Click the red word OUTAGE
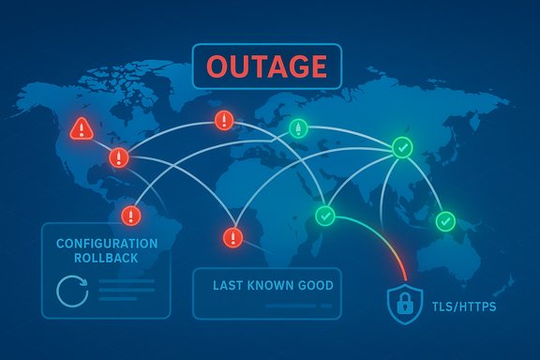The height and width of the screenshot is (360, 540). point(267,67)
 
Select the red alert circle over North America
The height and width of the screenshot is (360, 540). point(119,157)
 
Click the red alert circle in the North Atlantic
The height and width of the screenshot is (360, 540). point(224,120)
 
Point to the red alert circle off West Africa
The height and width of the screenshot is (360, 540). point(232,236)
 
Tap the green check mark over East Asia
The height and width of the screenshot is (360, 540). point(401,146)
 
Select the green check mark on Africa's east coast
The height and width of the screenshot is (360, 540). point(324,216)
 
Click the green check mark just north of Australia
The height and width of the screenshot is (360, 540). point(444,221)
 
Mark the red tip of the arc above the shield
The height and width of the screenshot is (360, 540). point(403,273)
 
